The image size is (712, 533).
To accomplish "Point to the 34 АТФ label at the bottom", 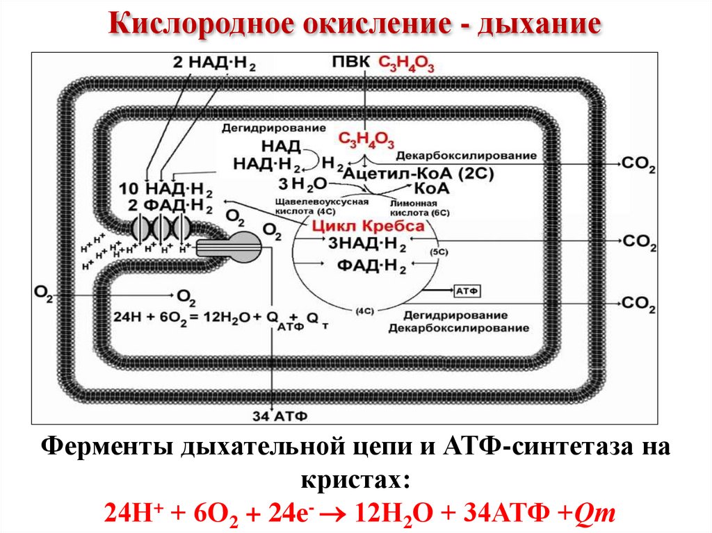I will click(277, 416).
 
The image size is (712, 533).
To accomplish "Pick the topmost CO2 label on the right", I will click(639, 165).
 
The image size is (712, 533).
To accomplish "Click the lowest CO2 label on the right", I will click(639, 302).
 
